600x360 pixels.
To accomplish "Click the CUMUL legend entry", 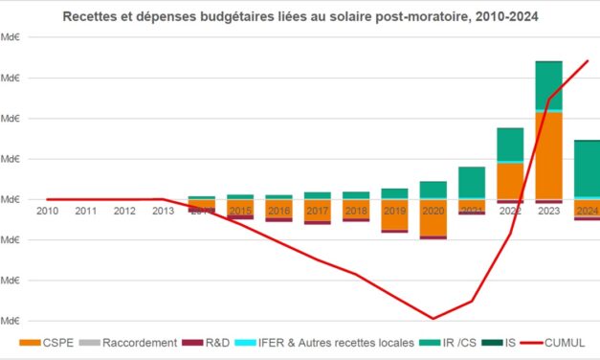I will coord(565,342).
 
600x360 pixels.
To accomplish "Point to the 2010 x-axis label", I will coord(47,211).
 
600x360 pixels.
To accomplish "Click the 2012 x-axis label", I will coord(125,211).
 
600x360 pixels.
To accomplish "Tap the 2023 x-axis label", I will coord(548,211).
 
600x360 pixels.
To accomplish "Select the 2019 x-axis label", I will coord(394,211).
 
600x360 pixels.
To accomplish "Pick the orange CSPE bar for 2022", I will coord(510,180).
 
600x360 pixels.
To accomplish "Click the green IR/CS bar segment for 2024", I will coord(587,169).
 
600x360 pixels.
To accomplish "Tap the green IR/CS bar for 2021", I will coord(472,182).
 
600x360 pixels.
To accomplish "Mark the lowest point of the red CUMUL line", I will coord(433,319).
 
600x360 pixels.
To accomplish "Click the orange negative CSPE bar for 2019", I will coord(394,215).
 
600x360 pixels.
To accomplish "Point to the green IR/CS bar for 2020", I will coord(433,190).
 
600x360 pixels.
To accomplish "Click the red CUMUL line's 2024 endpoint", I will coord(588,61).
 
